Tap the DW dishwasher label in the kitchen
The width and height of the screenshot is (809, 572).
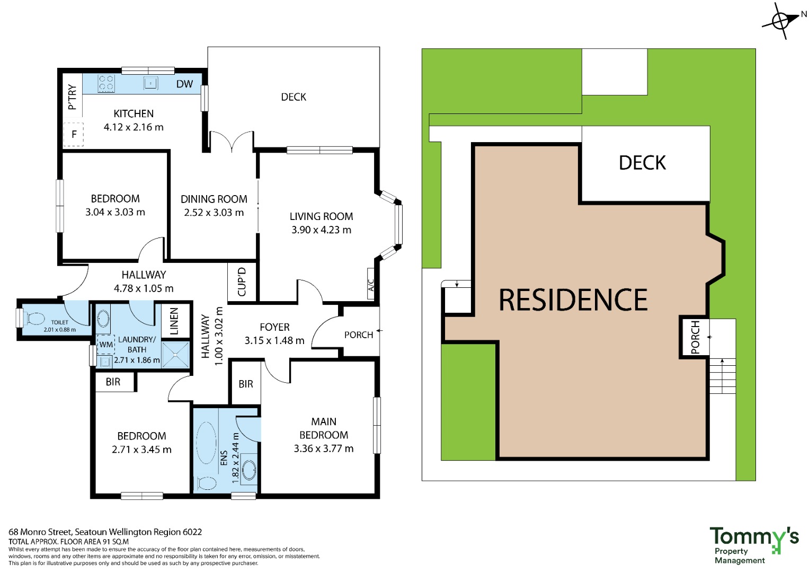click(184, 84)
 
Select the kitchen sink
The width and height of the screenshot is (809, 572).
click(150, 83)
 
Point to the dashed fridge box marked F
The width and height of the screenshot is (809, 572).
click(74, 135)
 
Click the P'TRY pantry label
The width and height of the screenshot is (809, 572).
click(73, 97)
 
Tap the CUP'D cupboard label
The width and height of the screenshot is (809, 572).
click(242, 282)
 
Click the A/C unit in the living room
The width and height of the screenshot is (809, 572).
click(370, 284)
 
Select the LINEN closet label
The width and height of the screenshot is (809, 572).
click(174, 321)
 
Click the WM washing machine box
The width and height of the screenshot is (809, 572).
click(105, 345)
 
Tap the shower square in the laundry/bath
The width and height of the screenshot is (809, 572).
click(175, 355)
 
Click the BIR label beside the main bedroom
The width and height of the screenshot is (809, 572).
click(246, 384)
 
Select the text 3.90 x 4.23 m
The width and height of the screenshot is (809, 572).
click(322, 230)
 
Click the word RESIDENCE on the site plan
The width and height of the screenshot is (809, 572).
click(573, 300)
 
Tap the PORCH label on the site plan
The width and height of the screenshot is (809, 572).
click(695, 338)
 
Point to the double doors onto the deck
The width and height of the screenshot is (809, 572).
click(232, 141)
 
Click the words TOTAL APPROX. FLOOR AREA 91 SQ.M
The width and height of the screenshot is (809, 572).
click(69, 542)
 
